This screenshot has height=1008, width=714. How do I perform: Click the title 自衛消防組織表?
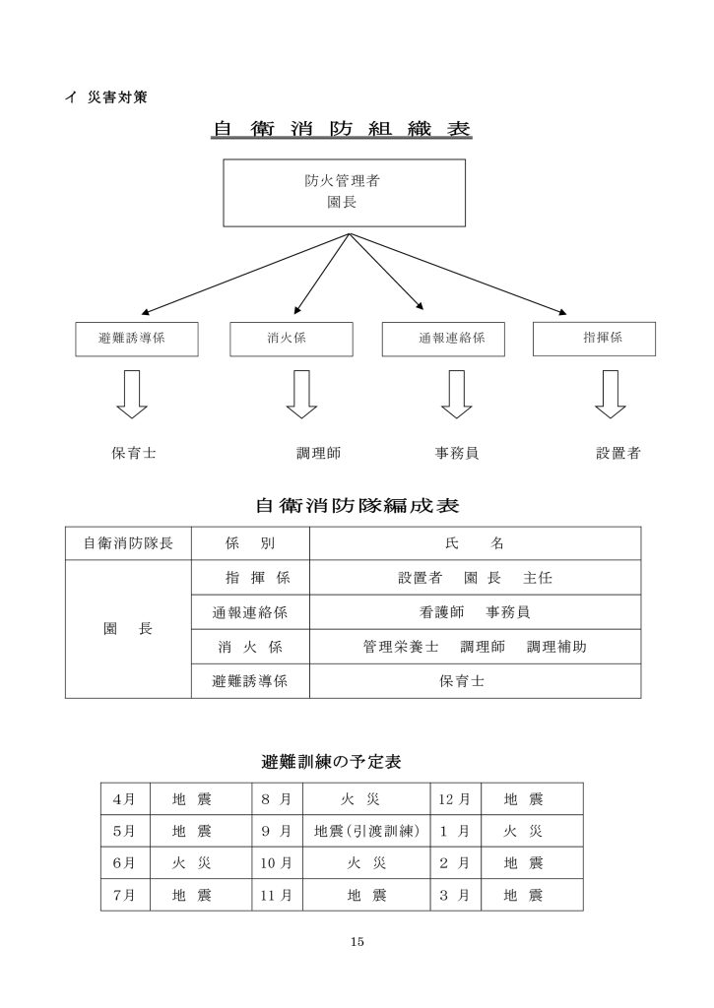tap(342, 129)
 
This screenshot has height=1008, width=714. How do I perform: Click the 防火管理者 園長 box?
tap(344, 193)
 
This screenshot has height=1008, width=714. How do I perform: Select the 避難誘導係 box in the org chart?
tap(136, 339)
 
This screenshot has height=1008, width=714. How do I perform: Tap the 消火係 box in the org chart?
tap(292, 339)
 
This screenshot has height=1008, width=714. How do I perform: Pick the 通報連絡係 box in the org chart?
tap(443, 339)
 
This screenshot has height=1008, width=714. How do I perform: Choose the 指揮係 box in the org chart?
tap(595, 339)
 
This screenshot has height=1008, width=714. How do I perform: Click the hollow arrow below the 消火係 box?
tap(301, 394)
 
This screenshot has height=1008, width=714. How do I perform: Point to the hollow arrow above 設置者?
tap(611, 394)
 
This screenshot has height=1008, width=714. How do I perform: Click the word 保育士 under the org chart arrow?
tap(134, 453)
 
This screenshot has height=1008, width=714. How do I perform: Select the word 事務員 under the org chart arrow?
tap(457, 453)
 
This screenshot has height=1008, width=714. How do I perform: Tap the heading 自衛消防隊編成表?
tap(357, 505)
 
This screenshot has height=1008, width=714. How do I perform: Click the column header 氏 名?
tap(475, 543)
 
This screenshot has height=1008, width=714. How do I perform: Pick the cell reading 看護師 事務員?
tap(475, 612)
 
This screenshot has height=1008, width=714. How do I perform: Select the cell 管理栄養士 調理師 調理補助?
tap(475, 647)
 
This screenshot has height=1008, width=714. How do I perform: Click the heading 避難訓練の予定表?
tap(331, 762)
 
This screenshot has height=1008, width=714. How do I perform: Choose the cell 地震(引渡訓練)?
tap(366, 831)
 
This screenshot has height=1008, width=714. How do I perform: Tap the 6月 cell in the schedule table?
tap(125, 862)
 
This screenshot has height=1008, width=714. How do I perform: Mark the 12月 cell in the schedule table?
tap(455, 799)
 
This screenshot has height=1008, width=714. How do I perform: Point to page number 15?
tap(357, 942)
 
